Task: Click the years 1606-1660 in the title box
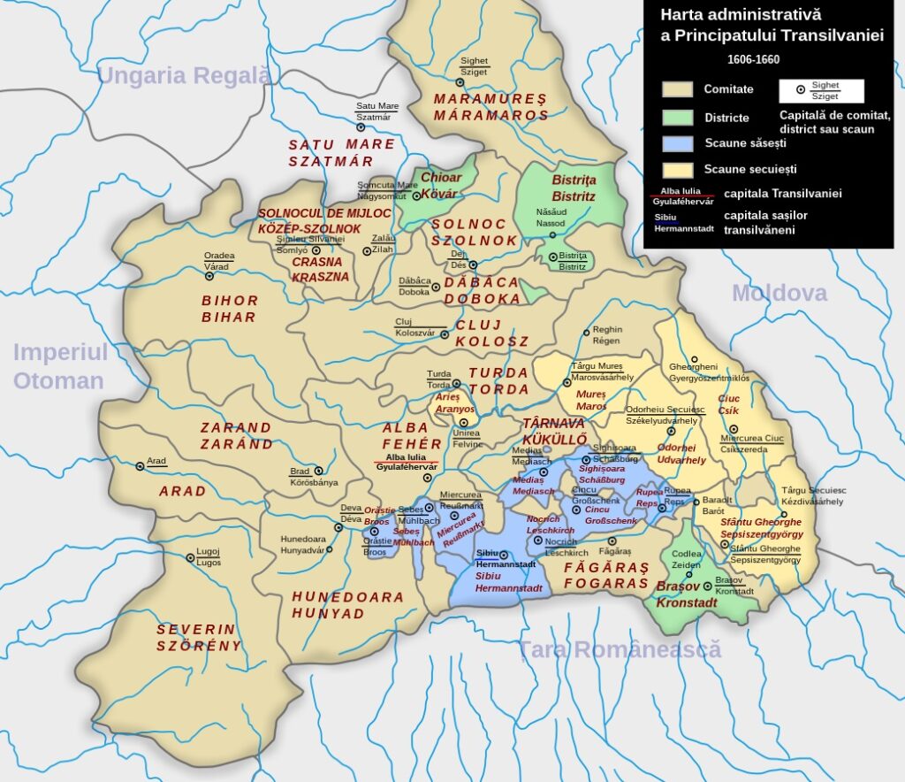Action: tap(753, 59)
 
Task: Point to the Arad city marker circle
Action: tap(140, 466)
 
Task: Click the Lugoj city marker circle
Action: tap(190, 558)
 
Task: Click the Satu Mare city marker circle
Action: tap(361, 127)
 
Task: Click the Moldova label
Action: tap(779, 293)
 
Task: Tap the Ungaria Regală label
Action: tap(184, 75)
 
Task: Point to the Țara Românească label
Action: tap(620, 650)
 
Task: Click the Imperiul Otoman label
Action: tap(60, 366)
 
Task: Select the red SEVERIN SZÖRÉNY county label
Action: tap(199, 637)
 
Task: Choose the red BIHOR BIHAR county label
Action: tap(229, 309)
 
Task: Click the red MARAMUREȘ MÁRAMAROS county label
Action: tap(491, 106)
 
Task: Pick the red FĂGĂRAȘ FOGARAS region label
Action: tap(606, 575)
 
